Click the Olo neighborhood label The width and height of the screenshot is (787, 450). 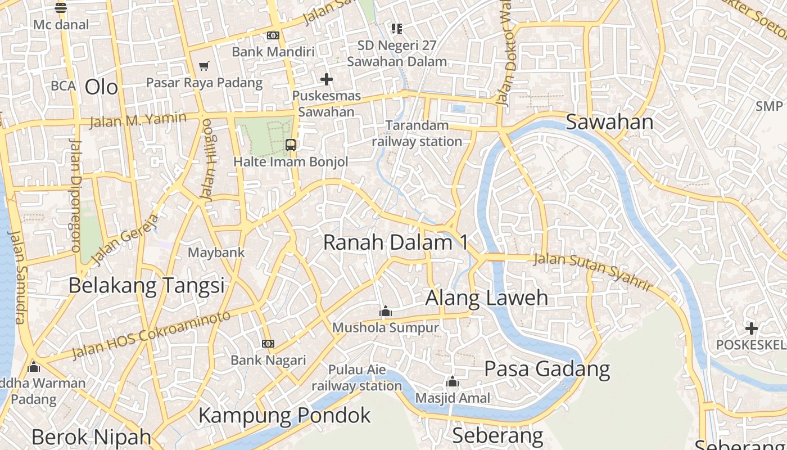click(101, 87)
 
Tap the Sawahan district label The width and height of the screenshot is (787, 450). click(609, 122)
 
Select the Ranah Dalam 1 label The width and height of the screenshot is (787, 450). click(395, 242)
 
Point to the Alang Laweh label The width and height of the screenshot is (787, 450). click(486, 298)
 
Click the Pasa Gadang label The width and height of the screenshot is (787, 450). click(547, 369)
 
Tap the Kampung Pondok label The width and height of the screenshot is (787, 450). click(284, 415)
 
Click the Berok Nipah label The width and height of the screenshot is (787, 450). click(91, 437)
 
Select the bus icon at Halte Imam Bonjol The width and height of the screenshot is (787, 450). click(291, 145)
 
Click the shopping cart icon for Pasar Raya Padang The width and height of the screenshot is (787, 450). click(204, 66)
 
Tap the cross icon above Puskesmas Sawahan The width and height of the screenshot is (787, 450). click(326, 79)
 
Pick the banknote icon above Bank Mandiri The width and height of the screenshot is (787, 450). click(273, 35)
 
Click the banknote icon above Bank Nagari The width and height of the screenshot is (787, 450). click(268, 343)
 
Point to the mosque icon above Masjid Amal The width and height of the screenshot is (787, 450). click(453, 382)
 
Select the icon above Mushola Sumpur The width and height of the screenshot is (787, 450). click(385, 310)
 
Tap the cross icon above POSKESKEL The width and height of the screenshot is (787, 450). click(751, 328)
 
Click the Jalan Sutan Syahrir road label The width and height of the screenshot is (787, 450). click(592, 271)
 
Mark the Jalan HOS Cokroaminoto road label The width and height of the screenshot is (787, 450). click(152, 335)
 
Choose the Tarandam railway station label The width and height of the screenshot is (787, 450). click(417, 133)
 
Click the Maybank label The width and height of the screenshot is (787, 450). click(216, 253)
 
